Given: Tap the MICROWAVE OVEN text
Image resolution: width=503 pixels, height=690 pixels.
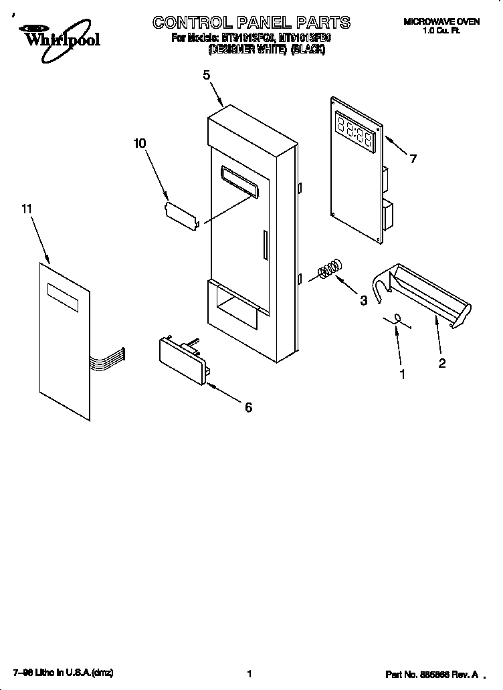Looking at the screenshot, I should pos(441,22).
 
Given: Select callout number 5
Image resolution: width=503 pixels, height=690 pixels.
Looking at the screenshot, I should pos(207,76).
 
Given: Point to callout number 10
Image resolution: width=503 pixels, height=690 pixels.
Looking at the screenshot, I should pos(140,143).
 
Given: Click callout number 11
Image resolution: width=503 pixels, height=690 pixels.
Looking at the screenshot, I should pos(27,210).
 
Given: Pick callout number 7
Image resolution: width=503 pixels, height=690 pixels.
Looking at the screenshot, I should pos(413,158).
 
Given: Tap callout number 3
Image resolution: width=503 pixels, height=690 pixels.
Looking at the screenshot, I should pos(363,300).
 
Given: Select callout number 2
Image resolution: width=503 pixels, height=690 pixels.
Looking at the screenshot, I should pos(441,363).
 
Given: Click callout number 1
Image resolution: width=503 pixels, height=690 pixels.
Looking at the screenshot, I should pos(402,374).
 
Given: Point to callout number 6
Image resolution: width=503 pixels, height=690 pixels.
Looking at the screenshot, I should pos(248,407).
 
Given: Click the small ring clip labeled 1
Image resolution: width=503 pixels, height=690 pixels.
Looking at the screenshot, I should pos(397,320).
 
